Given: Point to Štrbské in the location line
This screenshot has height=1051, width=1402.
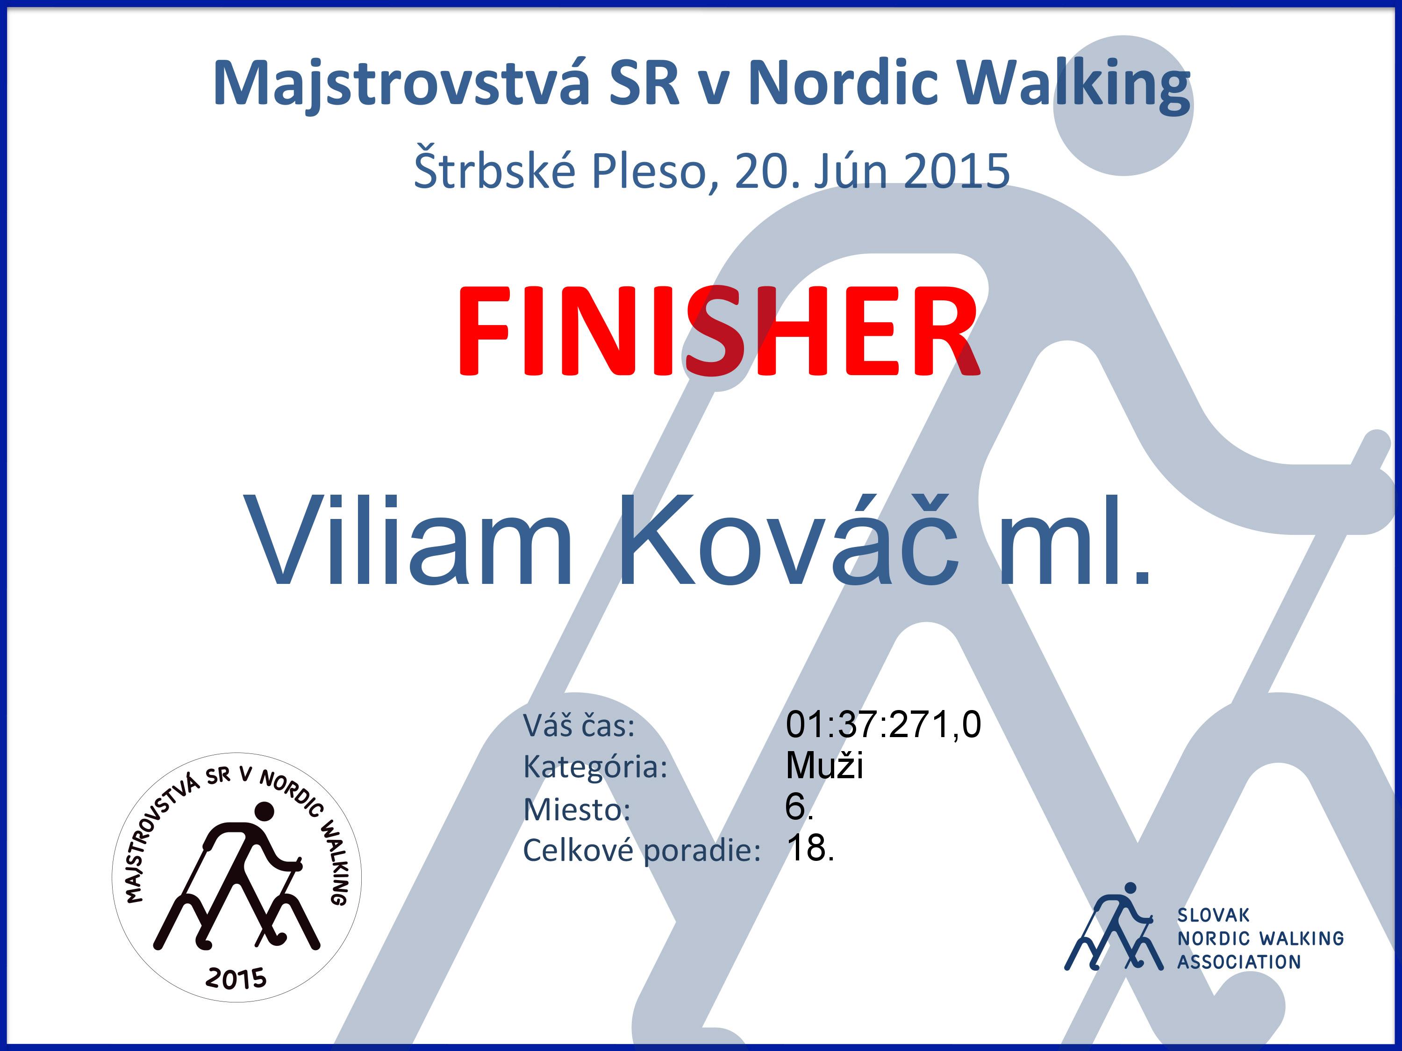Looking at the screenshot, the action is coord(495,169).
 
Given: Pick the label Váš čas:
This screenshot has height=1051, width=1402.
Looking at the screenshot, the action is coord(579,725).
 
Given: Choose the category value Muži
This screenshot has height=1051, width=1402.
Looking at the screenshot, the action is coord(824,765).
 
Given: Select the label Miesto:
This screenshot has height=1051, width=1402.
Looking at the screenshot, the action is coord(577,810).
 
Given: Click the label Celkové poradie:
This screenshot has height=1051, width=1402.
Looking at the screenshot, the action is coord(642,851).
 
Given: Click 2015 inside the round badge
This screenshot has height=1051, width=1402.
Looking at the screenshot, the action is coord(236,979).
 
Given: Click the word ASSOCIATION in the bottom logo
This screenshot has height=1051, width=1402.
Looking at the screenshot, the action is coord(1239,962).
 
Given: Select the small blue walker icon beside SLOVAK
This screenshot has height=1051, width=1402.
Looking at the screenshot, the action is coord(1114,928).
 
